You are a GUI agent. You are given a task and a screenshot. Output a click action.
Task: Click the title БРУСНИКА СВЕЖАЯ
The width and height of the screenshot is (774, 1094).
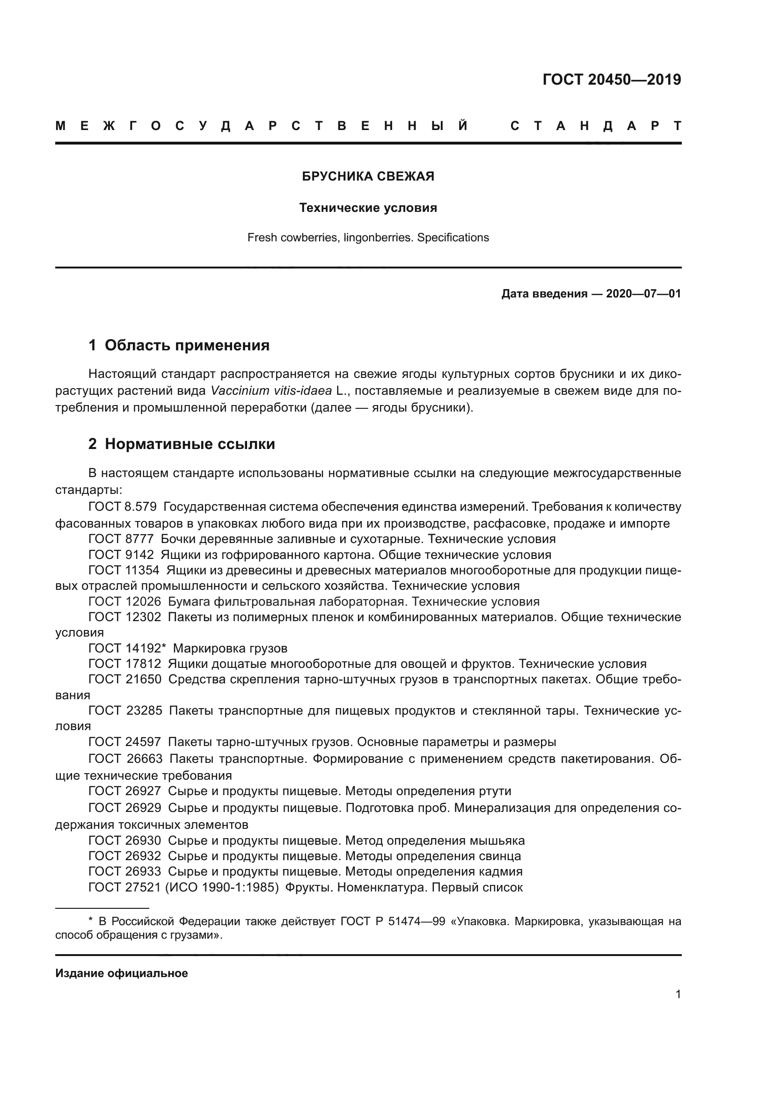click(368, 177)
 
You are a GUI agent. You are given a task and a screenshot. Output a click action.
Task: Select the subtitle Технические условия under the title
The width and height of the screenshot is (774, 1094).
click(368, 208)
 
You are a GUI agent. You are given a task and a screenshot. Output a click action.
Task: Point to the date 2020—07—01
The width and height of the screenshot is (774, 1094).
click(643, 294)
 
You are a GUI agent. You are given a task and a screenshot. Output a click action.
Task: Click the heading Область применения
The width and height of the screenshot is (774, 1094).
click(187, 346)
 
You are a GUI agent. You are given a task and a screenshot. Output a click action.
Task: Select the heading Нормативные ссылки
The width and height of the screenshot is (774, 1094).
click(190, 444)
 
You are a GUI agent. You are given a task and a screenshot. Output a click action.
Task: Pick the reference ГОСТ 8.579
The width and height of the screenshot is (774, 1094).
click(123, 507)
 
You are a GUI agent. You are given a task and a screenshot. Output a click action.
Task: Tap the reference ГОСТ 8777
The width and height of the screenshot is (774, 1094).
click(121, 539)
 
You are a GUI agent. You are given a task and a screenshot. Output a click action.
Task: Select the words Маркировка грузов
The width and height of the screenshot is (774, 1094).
click(230, 648)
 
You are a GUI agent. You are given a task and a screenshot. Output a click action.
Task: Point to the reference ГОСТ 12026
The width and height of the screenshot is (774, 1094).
click(125, 602)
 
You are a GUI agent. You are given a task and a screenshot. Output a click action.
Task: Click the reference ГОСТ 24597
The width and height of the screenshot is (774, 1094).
click(125, 742)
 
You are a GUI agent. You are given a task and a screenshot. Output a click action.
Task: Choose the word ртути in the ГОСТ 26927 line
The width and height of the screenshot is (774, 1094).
click(493, 791)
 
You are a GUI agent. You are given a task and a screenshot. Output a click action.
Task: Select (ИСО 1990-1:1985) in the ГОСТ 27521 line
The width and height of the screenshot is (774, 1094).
click(222, 888)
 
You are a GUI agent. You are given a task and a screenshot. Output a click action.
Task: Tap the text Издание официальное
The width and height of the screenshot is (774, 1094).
click(122, 973)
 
